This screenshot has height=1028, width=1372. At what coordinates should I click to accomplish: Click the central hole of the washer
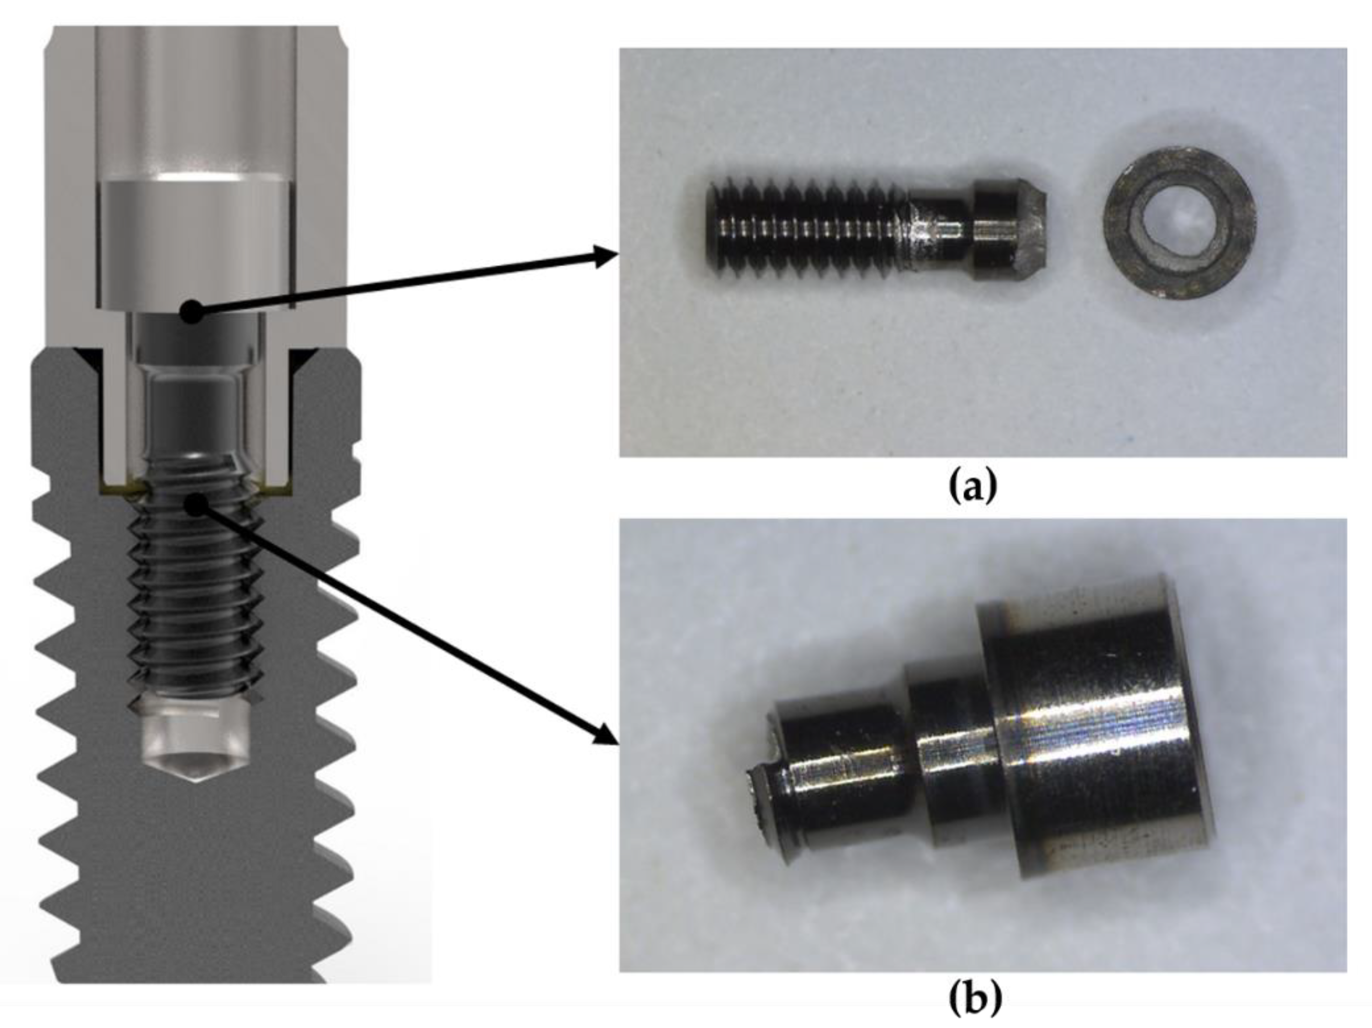point(1181,221)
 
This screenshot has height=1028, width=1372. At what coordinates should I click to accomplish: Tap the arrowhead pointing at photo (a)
point(605,256)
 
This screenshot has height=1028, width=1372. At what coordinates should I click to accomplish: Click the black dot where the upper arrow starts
point(192,311)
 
